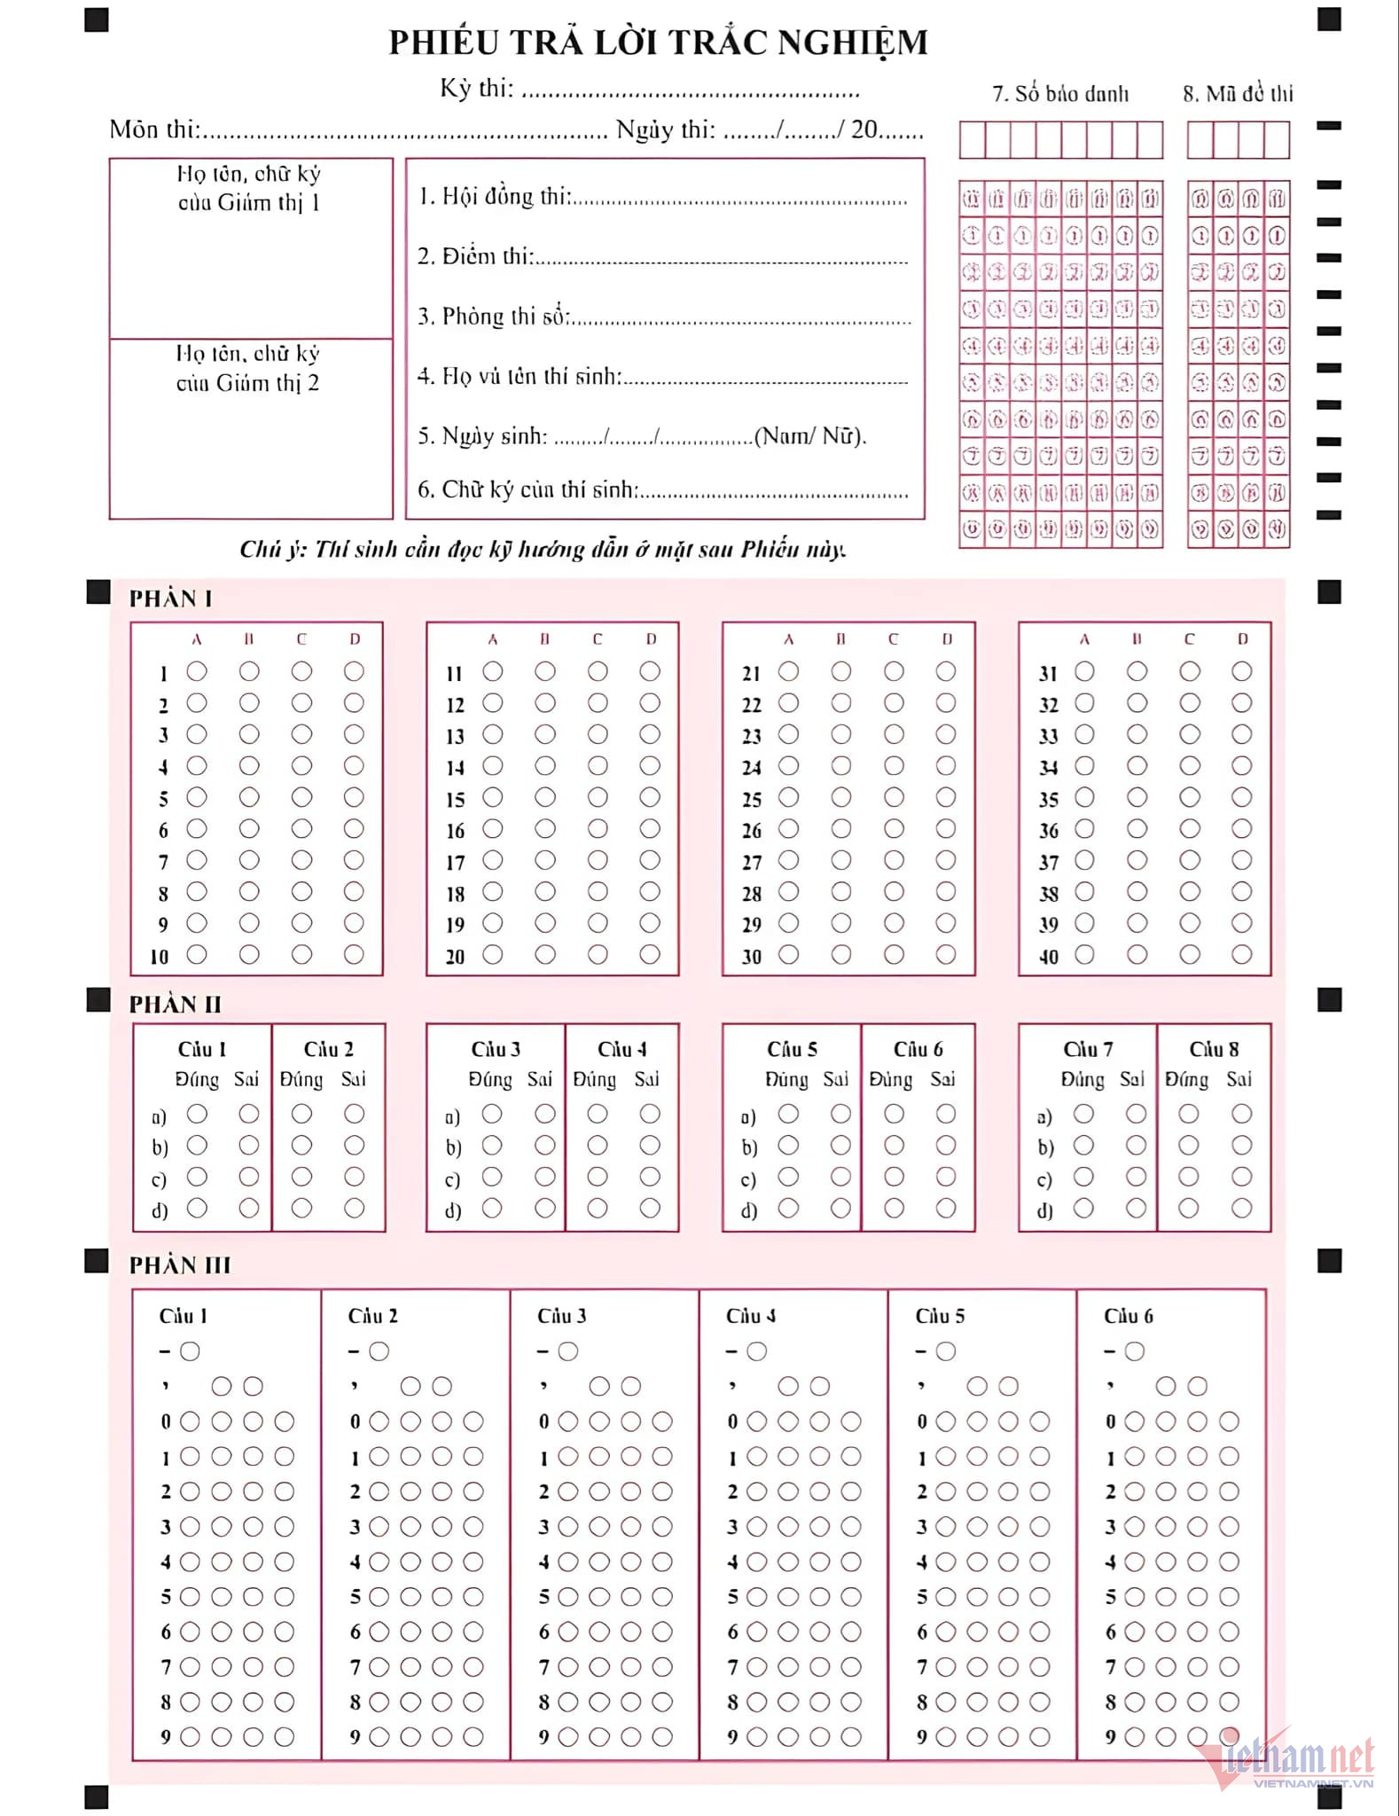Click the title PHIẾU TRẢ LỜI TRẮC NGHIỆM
tap(658, 43)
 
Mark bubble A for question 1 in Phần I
tap(197, 671)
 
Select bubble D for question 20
tap(650, 954)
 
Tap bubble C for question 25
tap(894, 797)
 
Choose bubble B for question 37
tap(1137, 860)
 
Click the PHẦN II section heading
tap(176, 1004)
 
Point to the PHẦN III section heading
tap(180, 1264)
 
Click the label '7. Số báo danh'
tap(1060, 94)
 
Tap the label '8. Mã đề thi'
tap(1238, 94)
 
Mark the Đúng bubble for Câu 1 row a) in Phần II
tap(197, 1114)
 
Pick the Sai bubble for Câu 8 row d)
tap(1241, 1208)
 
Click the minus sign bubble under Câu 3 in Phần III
tap(568, 1351)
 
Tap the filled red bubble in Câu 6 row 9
tap(1229, 1736)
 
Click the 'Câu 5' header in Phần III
tap(940, 1316)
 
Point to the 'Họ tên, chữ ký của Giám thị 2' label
tap(248, 368)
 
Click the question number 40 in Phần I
tap(1049, 957)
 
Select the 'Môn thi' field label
tap(154, 129)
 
